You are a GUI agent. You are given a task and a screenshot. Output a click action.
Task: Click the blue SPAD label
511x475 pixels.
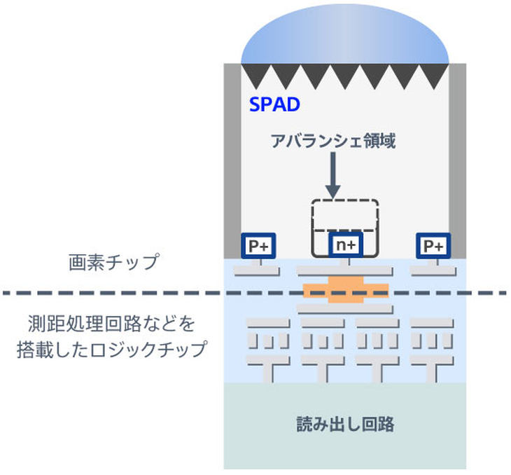click(x=274, y=104)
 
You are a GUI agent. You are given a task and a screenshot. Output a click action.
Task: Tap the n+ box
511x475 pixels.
click(x=345, y=245)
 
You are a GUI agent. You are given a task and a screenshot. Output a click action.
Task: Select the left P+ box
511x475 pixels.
click(x=258, y=246)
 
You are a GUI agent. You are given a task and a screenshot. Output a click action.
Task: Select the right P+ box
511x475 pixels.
click(x=433, y=246)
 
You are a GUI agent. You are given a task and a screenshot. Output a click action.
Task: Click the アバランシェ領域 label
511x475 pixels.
click(x=333, y=141)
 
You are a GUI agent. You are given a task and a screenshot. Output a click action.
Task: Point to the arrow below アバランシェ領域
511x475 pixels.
click(x=332, y=175)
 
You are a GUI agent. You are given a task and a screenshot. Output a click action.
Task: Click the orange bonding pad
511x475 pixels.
click(x=346, y=290)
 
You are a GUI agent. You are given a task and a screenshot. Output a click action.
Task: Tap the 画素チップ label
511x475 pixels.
click(x=113, y=262)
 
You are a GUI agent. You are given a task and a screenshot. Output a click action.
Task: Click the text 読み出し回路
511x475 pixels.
click(x=345, y=425)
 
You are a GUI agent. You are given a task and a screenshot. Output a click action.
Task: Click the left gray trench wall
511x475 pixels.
click(x=232, y=161)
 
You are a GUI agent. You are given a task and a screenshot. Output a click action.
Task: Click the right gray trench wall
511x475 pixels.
click(x=458, y=161)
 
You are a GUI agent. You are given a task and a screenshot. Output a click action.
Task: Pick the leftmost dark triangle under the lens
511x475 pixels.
click(x=255, y=74)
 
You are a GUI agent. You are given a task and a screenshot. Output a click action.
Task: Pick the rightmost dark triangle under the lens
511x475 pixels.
click(x=434, y=74)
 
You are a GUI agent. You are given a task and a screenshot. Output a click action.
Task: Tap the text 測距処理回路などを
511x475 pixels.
click(x=111, y=324)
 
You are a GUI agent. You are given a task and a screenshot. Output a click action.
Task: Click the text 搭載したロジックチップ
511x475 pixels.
click(x=111, y=349)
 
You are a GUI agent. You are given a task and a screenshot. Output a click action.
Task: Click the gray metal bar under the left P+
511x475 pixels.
click(x=257, y=271)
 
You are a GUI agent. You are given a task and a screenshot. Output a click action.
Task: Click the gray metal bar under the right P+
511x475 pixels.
click(x=433, y=271)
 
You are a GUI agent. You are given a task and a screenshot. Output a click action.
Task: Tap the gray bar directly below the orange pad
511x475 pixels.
click(x=344, y=309)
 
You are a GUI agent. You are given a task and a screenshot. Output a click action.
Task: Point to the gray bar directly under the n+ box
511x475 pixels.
click(x=344, y=270)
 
